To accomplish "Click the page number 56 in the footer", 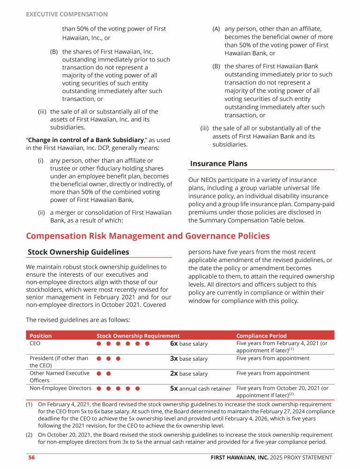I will (x=31, y=457).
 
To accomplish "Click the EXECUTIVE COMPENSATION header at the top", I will (x=67, y=15).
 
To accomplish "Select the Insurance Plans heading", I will (x=218, y=164).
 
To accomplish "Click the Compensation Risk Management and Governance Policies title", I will (x=148, y=236).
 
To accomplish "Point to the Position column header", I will (x=41, y=336).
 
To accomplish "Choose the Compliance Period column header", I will (x=261, y=336).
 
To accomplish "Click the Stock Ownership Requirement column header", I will (x=138, y=336).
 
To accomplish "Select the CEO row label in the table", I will (x=35, y=343).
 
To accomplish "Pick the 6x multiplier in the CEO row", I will (x=173, y=344).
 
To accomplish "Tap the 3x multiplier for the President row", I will (x=173, y=359).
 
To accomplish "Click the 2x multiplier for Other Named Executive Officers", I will (x=173, y=374).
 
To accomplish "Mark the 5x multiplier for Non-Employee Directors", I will (x=173, y=388).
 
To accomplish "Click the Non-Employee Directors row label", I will (x=60, y=388).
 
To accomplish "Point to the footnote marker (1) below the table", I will (x=29, y=404).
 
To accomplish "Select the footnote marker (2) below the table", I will (x=29, y=435).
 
